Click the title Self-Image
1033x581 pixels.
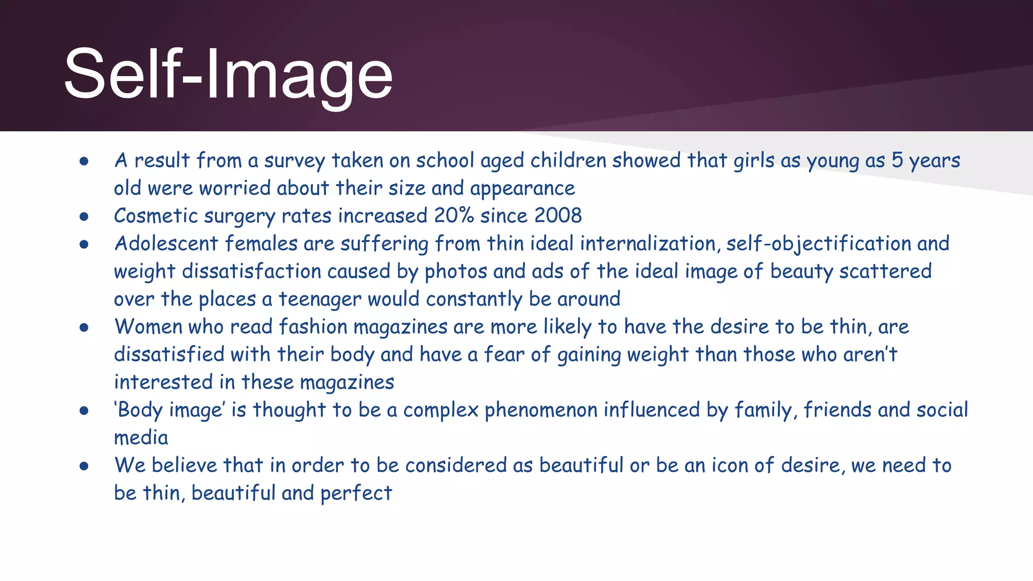tap(228, 75)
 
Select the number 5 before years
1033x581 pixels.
tap(897, 160)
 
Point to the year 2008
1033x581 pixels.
tap(558, 216)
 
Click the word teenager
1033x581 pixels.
tap(320, 299)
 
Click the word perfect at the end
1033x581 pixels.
tap(356, 493)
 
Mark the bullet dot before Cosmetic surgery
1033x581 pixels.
tap(84, 217)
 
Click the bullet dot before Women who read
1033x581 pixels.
tap(84, 328)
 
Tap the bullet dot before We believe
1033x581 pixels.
tap(84, 467)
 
